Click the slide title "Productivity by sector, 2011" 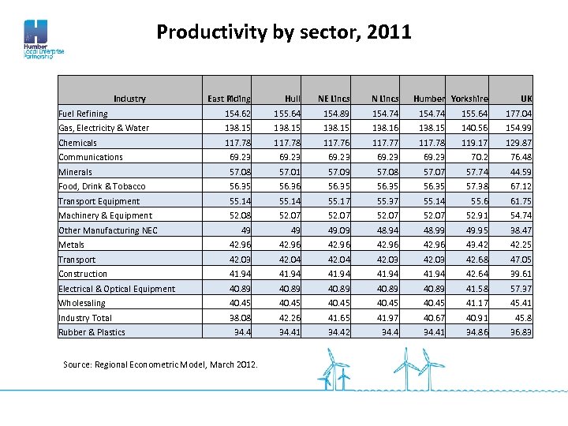point(284,32)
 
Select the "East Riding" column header point(229,99)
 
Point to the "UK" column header point(525,99)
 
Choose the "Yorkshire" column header point(469,99)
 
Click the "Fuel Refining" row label point(83,114)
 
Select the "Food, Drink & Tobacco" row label point(102,186)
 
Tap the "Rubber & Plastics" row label point(92,332)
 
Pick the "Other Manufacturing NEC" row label point(108,230)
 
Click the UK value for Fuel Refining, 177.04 point(518,114)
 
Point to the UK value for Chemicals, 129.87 point(518,143)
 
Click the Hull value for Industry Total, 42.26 point(290,318)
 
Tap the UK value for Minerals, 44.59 point(521,172)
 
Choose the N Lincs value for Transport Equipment point(387,201)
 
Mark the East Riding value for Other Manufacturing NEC point(245,230)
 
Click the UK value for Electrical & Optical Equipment point(521,289)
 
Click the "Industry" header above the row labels point(129,99)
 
